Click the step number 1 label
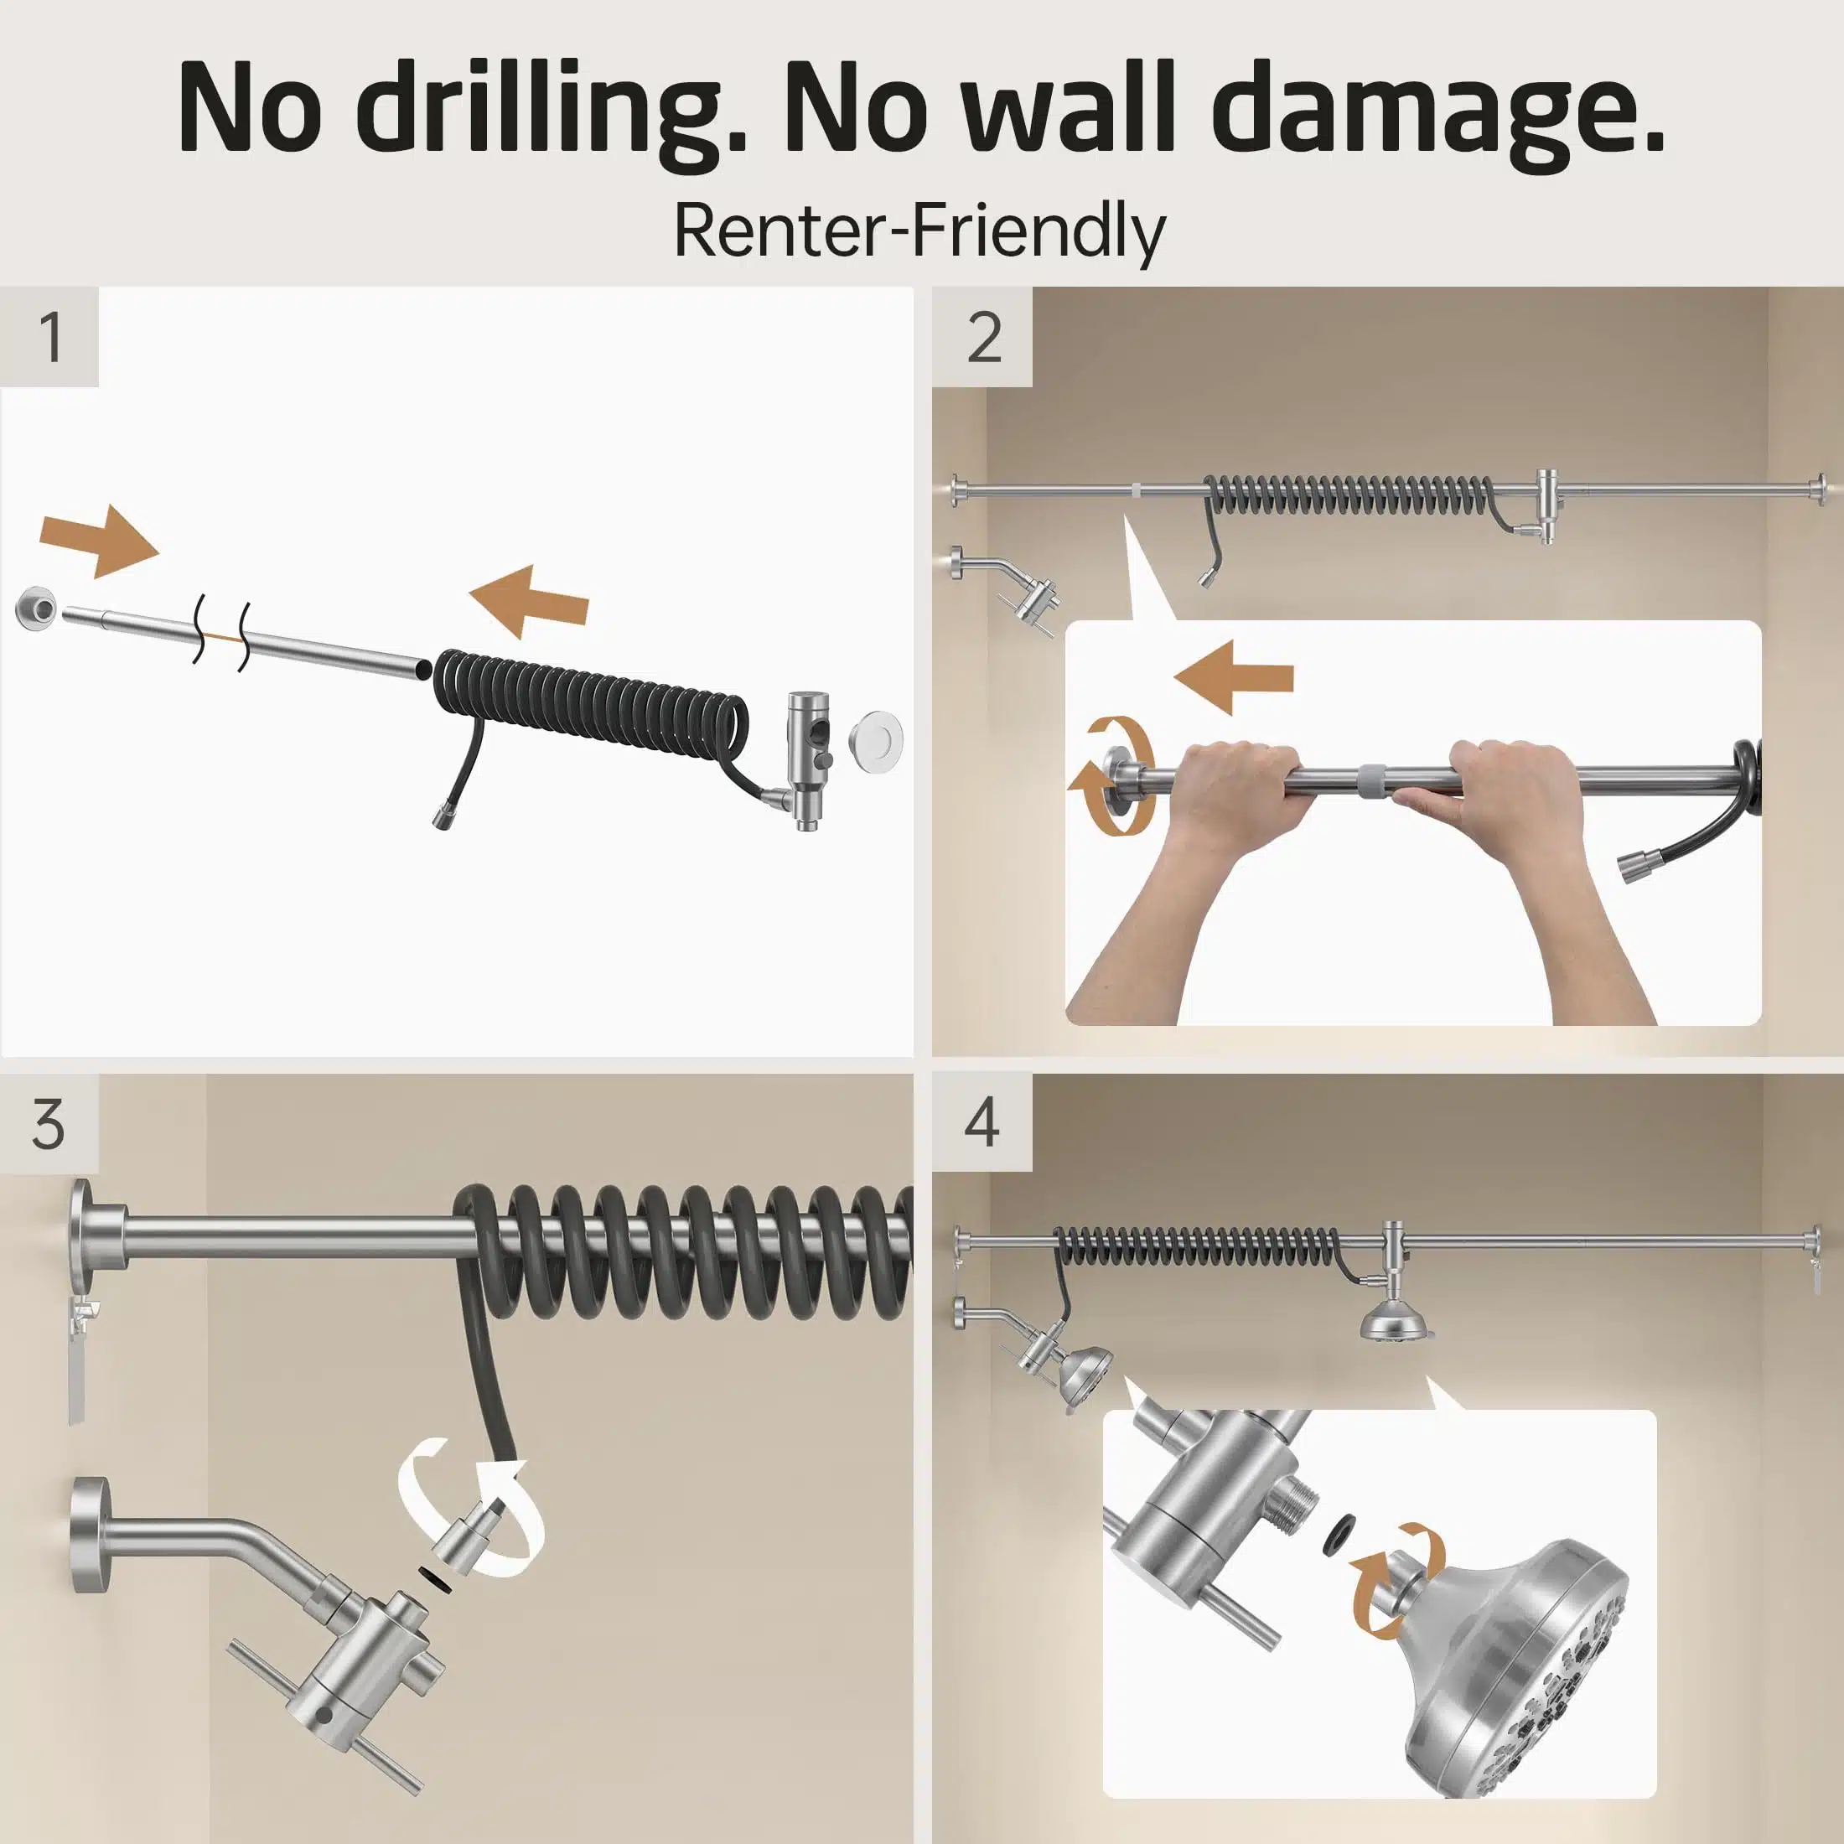50,337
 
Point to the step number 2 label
984,337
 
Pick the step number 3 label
49,1123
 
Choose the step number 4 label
982,1123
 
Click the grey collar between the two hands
1375,777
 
